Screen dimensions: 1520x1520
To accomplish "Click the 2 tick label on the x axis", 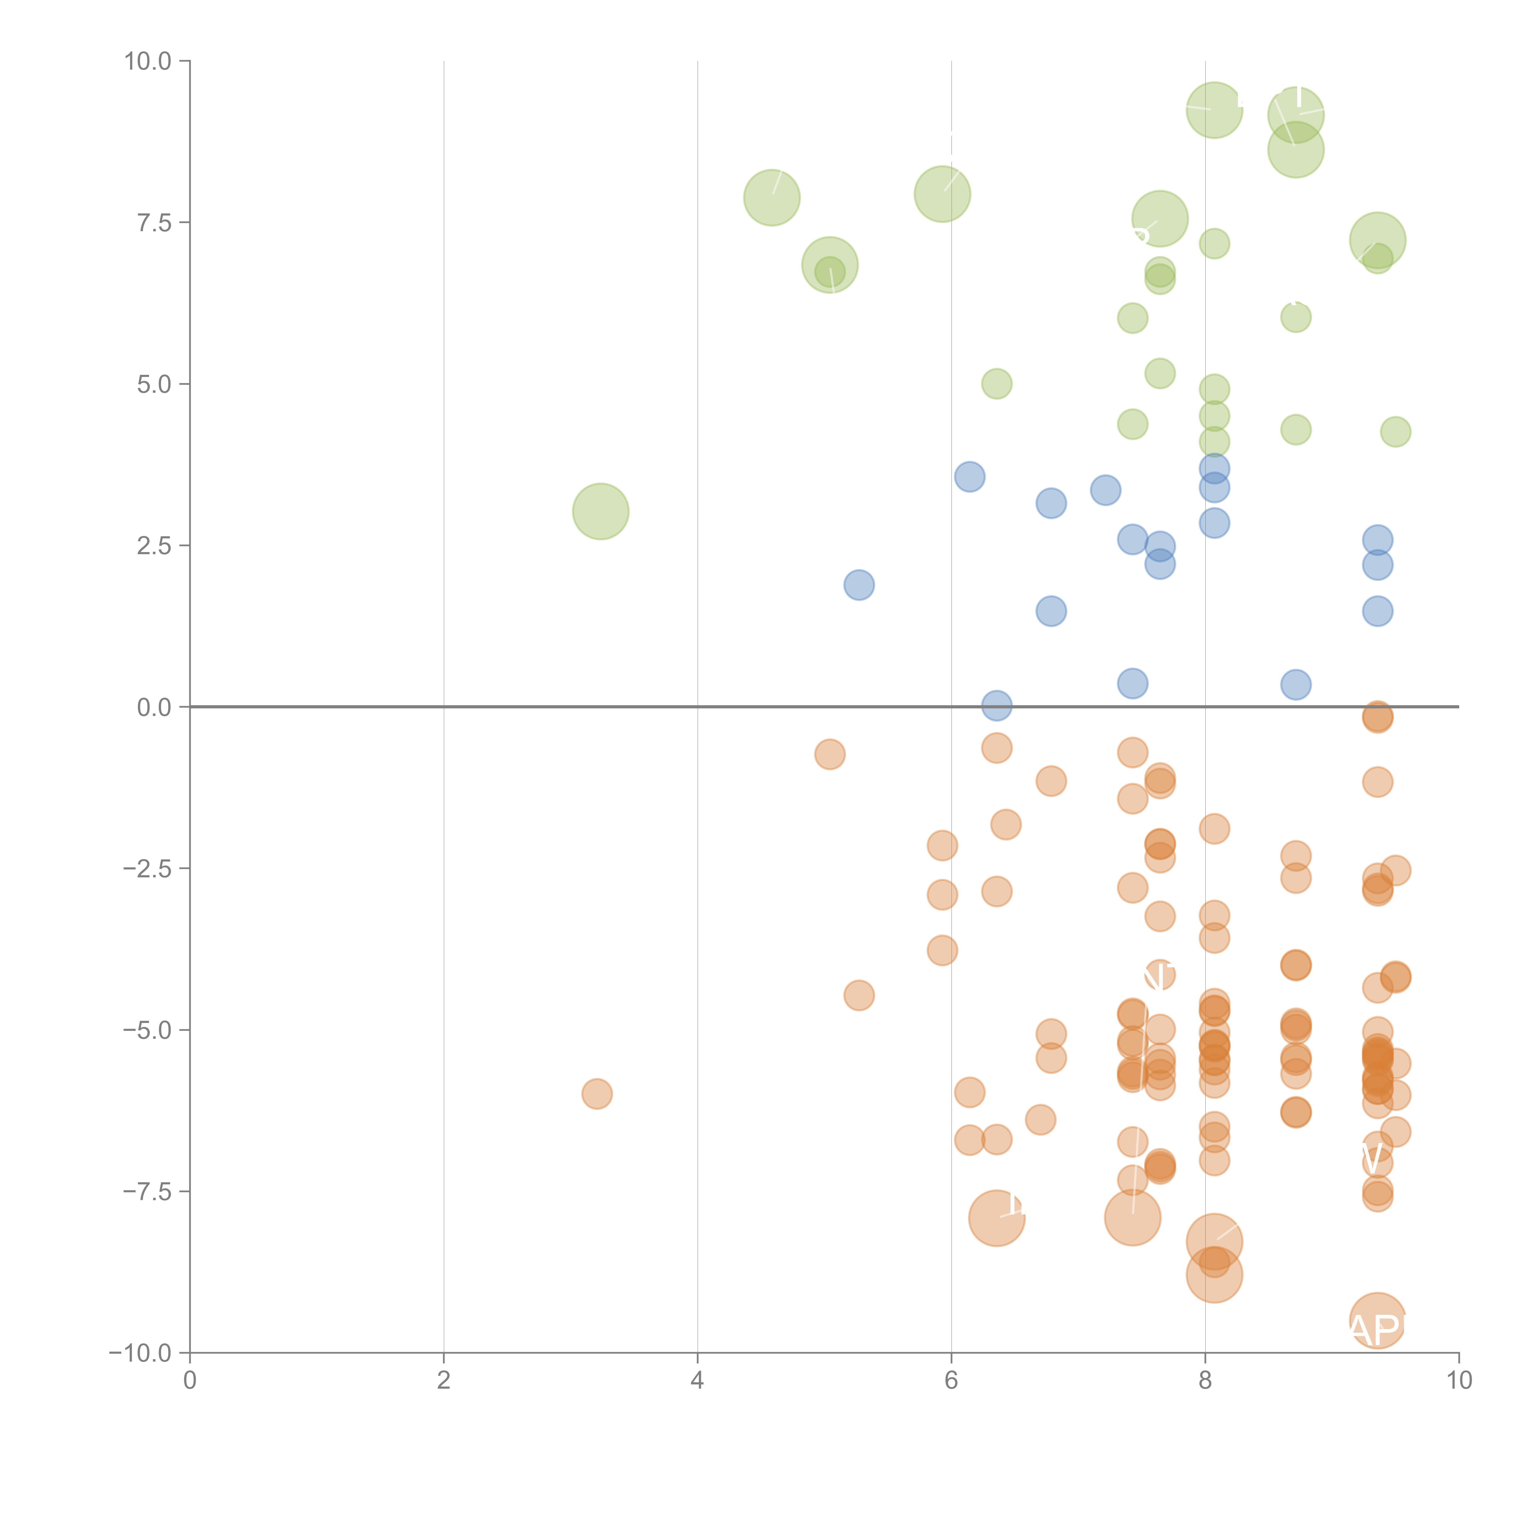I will (x=444, y=1381).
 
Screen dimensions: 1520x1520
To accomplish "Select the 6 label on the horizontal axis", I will (x=951, y=1381).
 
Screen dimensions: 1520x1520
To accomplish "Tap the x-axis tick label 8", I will (x=1205, y=1381).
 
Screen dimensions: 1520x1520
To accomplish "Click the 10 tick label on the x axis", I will (x=1459, y=1381).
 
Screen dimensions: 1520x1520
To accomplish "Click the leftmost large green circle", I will (x=600, y=511).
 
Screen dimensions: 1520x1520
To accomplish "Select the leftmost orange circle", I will (x=597, y=1093).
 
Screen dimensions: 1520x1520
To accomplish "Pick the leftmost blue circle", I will (x=859, y=585).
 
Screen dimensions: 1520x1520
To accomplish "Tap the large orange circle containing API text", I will (x=1377, y=1320).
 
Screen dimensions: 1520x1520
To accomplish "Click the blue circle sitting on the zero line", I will (x=997, y=706).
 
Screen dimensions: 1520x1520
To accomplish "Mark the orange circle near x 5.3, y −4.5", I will (x=859, y=995).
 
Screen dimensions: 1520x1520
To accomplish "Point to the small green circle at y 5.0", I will (x=997, y=384).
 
